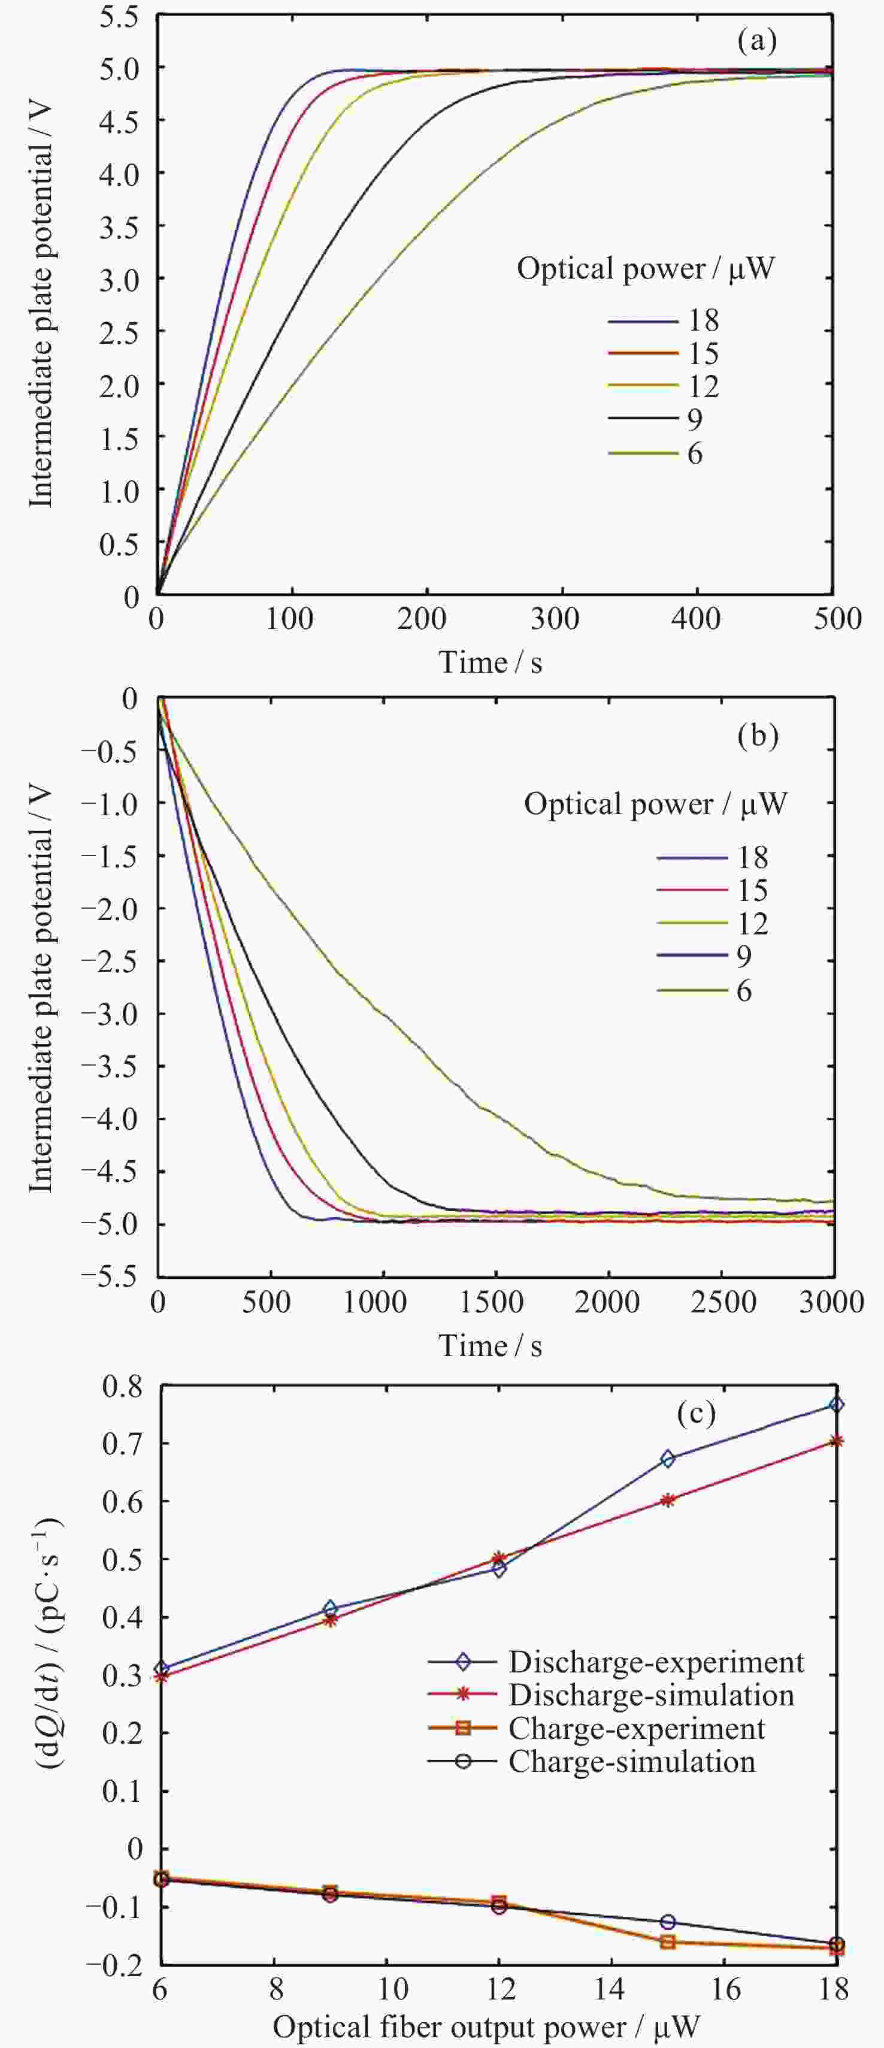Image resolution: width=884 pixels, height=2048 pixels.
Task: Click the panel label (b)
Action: [x=757, y=736]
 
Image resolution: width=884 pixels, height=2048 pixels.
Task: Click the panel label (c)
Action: [x=695, y=1413]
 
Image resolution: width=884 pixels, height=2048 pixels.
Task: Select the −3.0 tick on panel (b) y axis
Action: [x=114, y=1014]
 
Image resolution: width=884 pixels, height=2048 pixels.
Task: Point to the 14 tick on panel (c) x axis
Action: [x=613, y=1990]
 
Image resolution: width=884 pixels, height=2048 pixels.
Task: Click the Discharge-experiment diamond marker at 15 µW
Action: [x=667, y=1459]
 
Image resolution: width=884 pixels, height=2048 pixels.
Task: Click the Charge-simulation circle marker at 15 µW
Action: [x=667, y=1922]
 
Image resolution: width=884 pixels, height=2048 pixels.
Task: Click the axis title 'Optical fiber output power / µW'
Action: [x=486, y=2026]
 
